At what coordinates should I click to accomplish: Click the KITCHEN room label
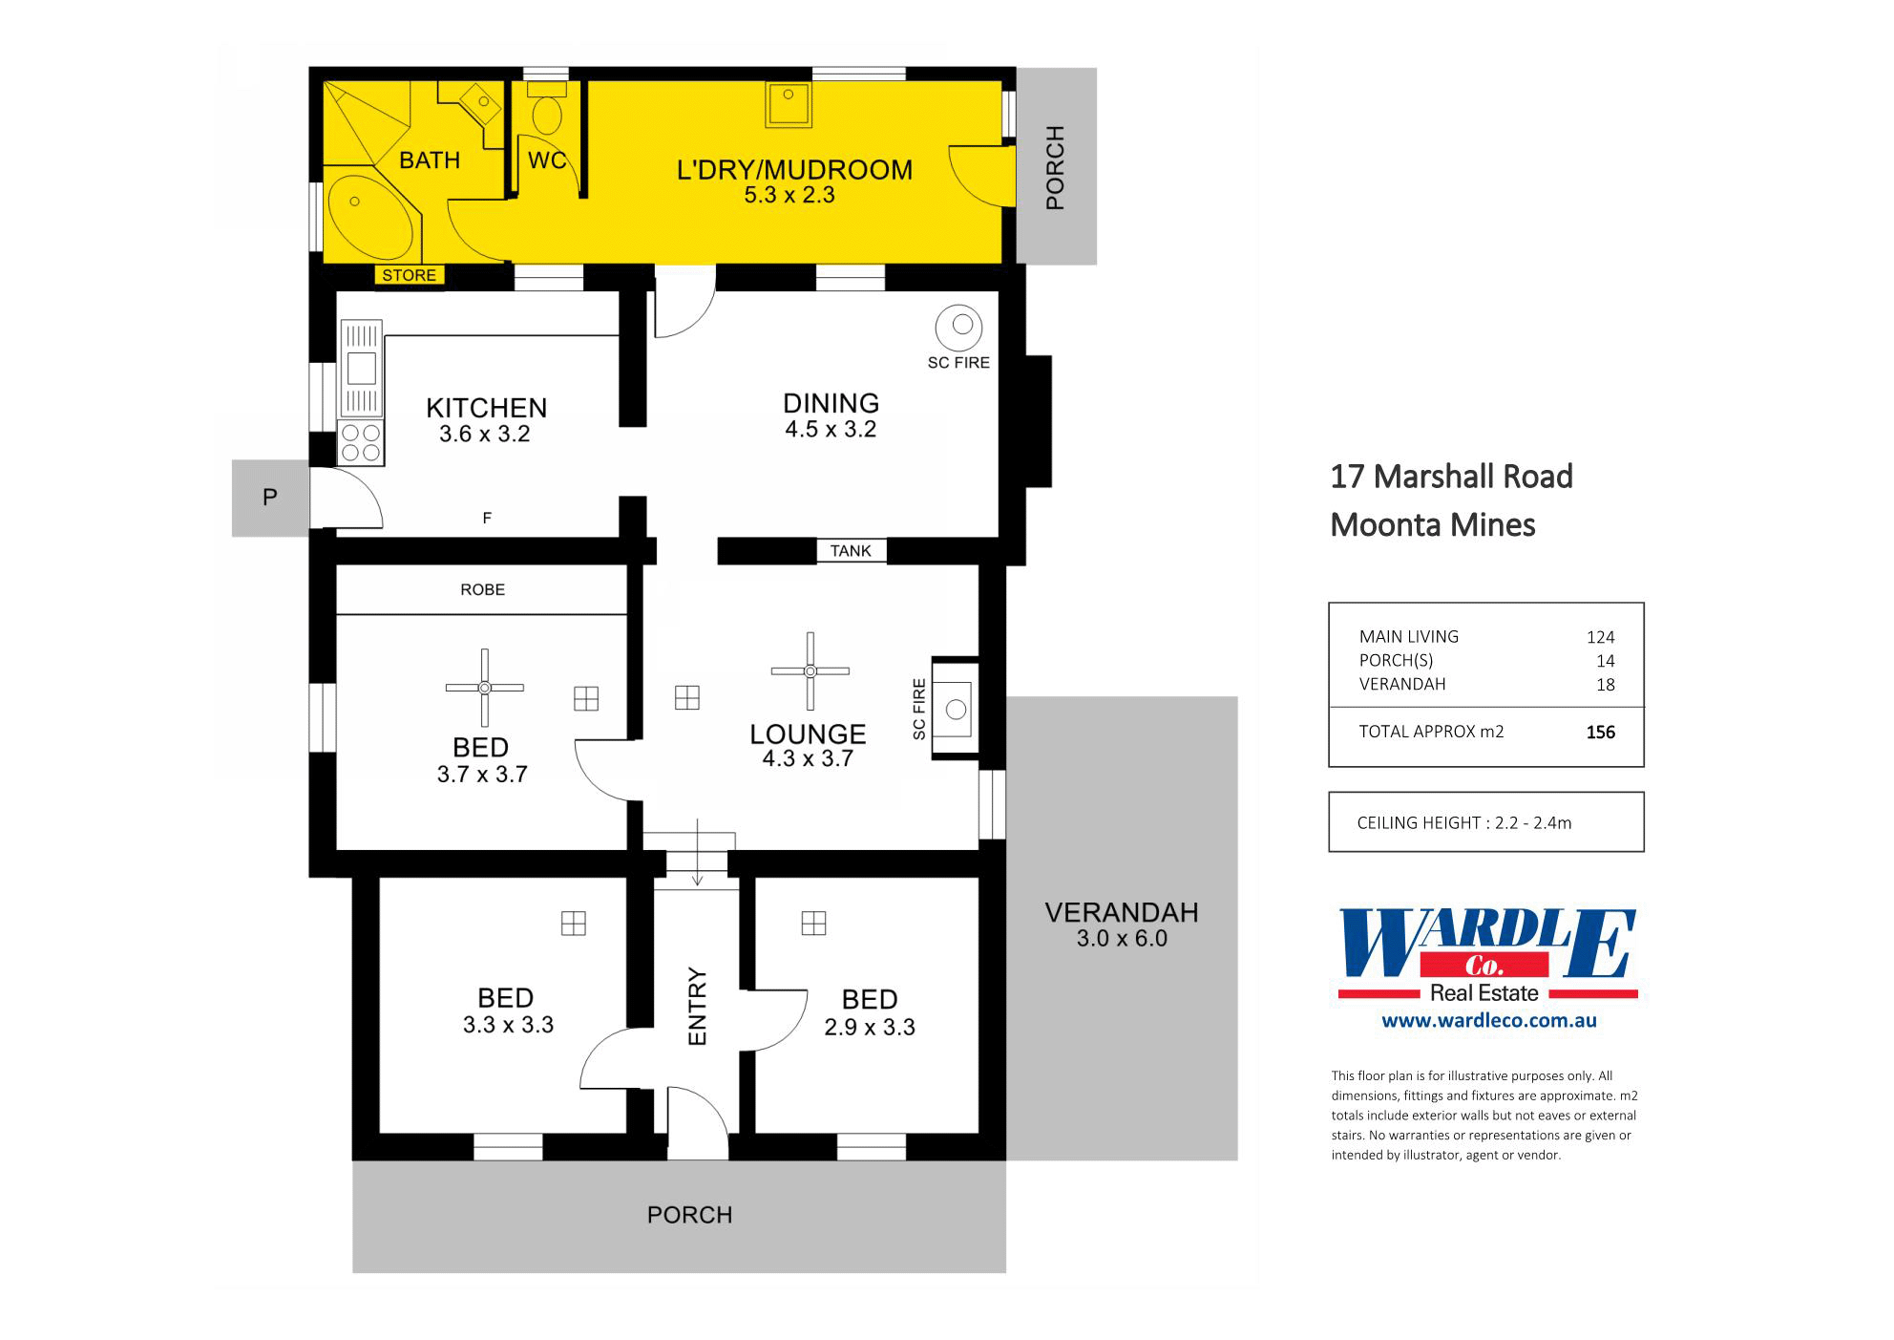coord(486,408)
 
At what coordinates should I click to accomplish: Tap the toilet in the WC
coord(547,112)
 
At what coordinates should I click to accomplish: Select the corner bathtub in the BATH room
coord(369,214)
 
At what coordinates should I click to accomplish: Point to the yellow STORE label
coord(409,275)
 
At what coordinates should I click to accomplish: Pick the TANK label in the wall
coord(851,551)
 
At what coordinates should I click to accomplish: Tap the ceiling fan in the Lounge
coord(810,670)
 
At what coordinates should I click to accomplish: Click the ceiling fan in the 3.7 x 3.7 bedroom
coord(485,688)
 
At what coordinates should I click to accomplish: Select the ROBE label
coord(482,589)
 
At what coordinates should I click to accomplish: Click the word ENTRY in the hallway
coord(697,1007)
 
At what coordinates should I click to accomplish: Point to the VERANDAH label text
coord(1122,913)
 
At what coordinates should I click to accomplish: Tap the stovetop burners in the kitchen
coord(361,442)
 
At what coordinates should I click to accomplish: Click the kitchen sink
coord(362,368)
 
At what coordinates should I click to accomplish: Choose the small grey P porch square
coord(270,498)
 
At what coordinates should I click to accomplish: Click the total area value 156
coord(1600,733)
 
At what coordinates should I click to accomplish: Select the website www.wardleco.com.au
coord(1488,1020)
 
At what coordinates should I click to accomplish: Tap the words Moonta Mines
coord(1432,525)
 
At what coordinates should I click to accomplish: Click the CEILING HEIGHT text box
coord(1485,822)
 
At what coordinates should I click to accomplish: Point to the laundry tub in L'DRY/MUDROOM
coord(789,104)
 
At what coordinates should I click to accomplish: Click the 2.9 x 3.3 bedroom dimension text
coord(870,1027)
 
